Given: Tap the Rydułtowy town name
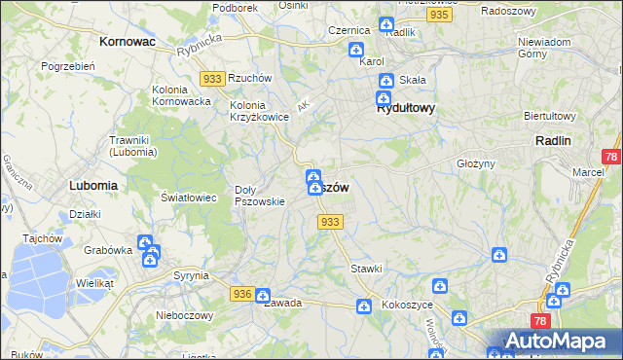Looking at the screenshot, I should (x=405, y=109).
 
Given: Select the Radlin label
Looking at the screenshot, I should (x=553, y=140).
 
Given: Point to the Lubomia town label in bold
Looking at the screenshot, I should (x=93, y=184).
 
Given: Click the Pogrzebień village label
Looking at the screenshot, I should (x=67, y=66).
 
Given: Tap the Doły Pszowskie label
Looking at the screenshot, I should (x=259, y=196).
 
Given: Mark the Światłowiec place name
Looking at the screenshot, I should (x=189, y=198).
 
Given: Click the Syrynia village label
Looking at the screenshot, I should (x=190, y=275).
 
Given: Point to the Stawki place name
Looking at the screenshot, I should (x=366, y=268).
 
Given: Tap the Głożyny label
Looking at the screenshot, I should (x=477, y=164).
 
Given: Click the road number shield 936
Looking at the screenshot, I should (x=243, y=294).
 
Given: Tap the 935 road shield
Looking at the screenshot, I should (x=439, y=16).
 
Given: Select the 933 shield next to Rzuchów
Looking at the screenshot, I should (x=213, y=78).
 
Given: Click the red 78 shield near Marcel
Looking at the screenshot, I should (x=610, y=156).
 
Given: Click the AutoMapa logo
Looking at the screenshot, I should (x=557, y=342).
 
